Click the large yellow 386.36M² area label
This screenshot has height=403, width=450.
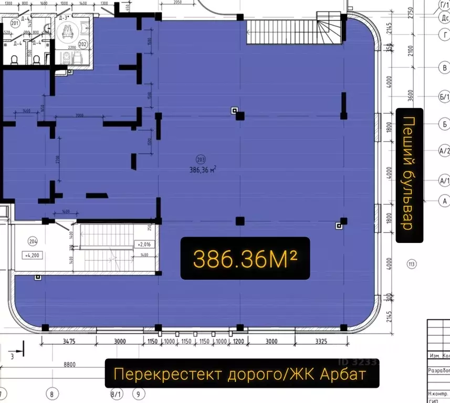(x=245, y=258)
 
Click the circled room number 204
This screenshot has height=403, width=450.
(x=33, y=242)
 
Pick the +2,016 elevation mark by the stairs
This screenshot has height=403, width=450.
(x=144, y=245)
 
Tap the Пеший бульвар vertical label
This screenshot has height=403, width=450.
(x=409, y=175)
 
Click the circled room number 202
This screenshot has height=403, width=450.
(x=83, y=44)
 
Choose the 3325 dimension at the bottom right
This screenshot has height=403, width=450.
(x=321, y=342)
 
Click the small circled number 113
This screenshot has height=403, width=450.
(x=411, y=263)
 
